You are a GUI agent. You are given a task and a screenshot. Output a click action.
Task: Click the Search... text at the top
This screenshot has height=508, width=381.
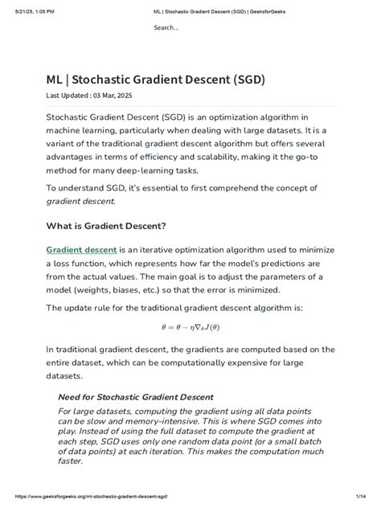[166, 28]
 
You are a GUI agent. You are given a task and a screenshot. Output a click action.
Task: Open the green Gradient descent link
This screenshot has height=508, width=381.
[81, 250]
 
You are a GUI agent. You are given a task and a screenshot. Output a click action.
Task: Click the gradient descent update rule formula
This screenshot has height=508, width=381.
[190, 328]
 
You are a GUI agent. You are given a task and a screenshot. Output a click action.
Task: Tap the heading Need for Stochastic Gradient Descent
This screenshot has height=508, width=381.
[136, 397]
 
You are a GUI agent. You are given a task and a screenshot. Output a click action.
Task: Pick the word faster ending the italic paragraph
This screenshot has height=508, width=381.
[71, 461]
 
